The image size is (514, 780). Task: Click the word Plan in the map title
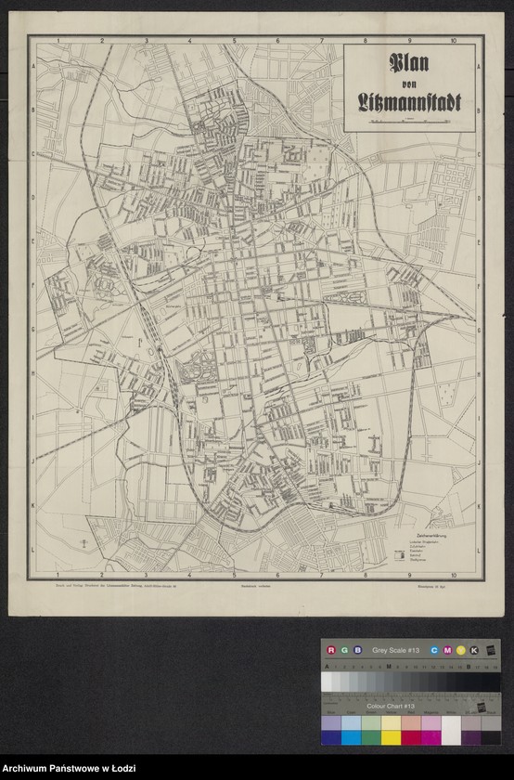pyautogui.click(x=409, y=65)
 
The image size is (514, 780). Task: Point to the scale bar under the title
pyautogui.click(x=409, y=120)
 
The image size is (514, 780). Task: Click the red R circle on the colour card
pyautogui.click(x=329, y=650)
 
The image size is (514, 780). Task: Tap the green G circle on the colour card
pyautogui.click(x=343, y=650)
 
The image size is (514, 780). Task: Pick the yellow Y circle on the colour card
pyautogui.click(x=460, y=650)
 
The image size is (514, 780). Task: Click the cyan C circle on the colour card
pyautogui.click(x=433, y=650)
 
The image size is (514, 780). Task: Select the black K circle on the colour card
pyautogui.click(x=474, y=650)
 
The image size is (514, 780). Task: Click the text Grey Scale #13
pyautogui.click(x=396, y=650)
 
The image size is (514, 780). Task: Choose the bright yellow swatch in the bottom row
pyautogui.click(x=391, y=736)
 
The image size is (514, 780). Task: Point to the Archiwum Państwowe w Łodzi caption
pyautogui.click(x=70, y=768)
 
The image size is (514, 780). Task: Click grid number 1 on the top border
pyautogui.click(x=58, y=41)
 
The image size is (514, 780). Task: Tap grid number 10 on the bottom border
pyautogui.click(x=452, y=575)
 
